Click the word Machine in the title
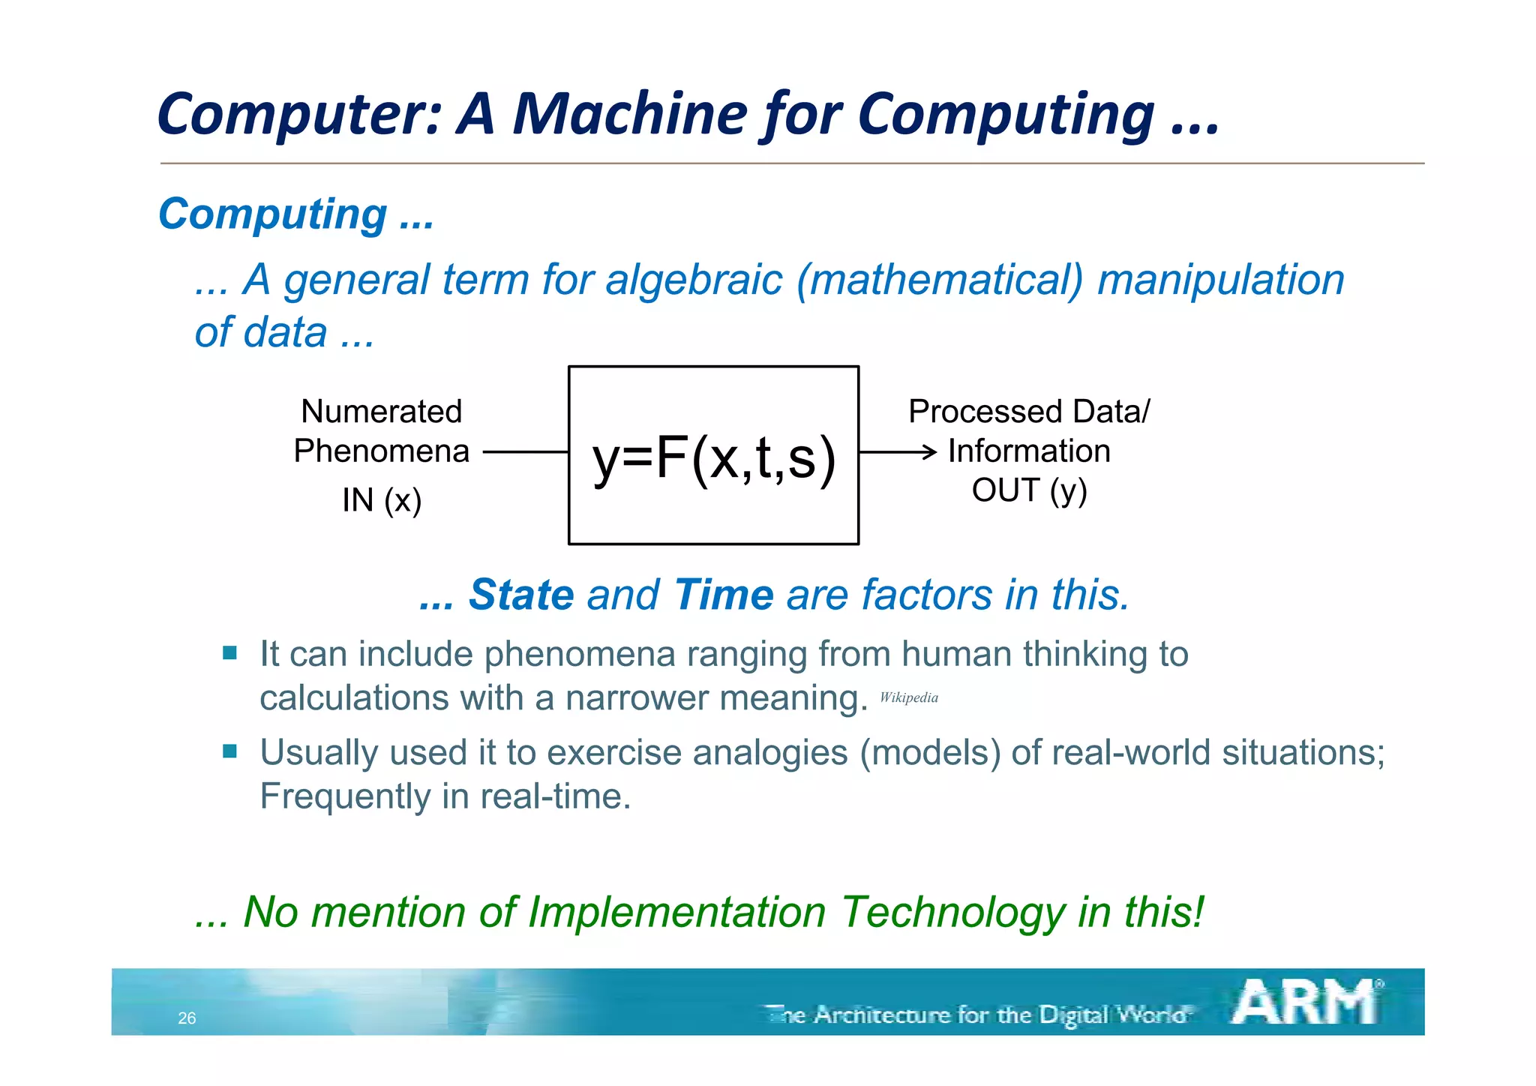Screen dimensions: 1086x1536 pos(630,114)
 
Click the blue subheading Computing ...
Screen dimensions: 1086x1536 pos(273,214)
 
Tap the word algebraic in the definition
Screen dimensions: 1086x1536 pos(694,280)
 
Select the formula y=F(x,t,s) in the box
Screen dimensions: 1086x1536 pos(713,457)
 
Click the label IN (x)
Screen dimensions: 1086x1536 pos(382,500)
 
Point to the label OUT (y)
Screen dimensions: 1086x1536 pos(1029,490)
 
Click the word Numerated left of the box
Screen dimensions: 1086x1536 pos(381,411)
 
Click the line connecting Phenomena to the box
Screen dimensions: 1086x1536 pos(525,452)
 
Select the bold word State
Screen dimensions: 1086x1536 pos(520,595)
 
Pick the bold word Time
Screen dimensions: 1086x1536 pos(723,595)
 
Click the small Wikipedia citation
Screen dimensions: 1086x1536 pos(908,697)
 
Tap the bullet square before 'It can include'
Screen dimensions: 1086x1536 pos(229,652)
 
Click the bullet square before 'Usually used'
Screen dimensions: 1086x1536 pos(229,751)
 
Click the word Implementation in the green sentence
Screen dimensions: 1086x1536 pos(676,913)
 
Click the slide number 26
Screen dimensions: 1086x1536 pos(187,1018)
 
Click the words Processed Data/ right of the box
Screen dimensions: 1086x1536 pos(1028,411)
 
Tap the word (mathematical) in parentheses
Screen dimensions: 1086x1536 pos(940,280)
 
